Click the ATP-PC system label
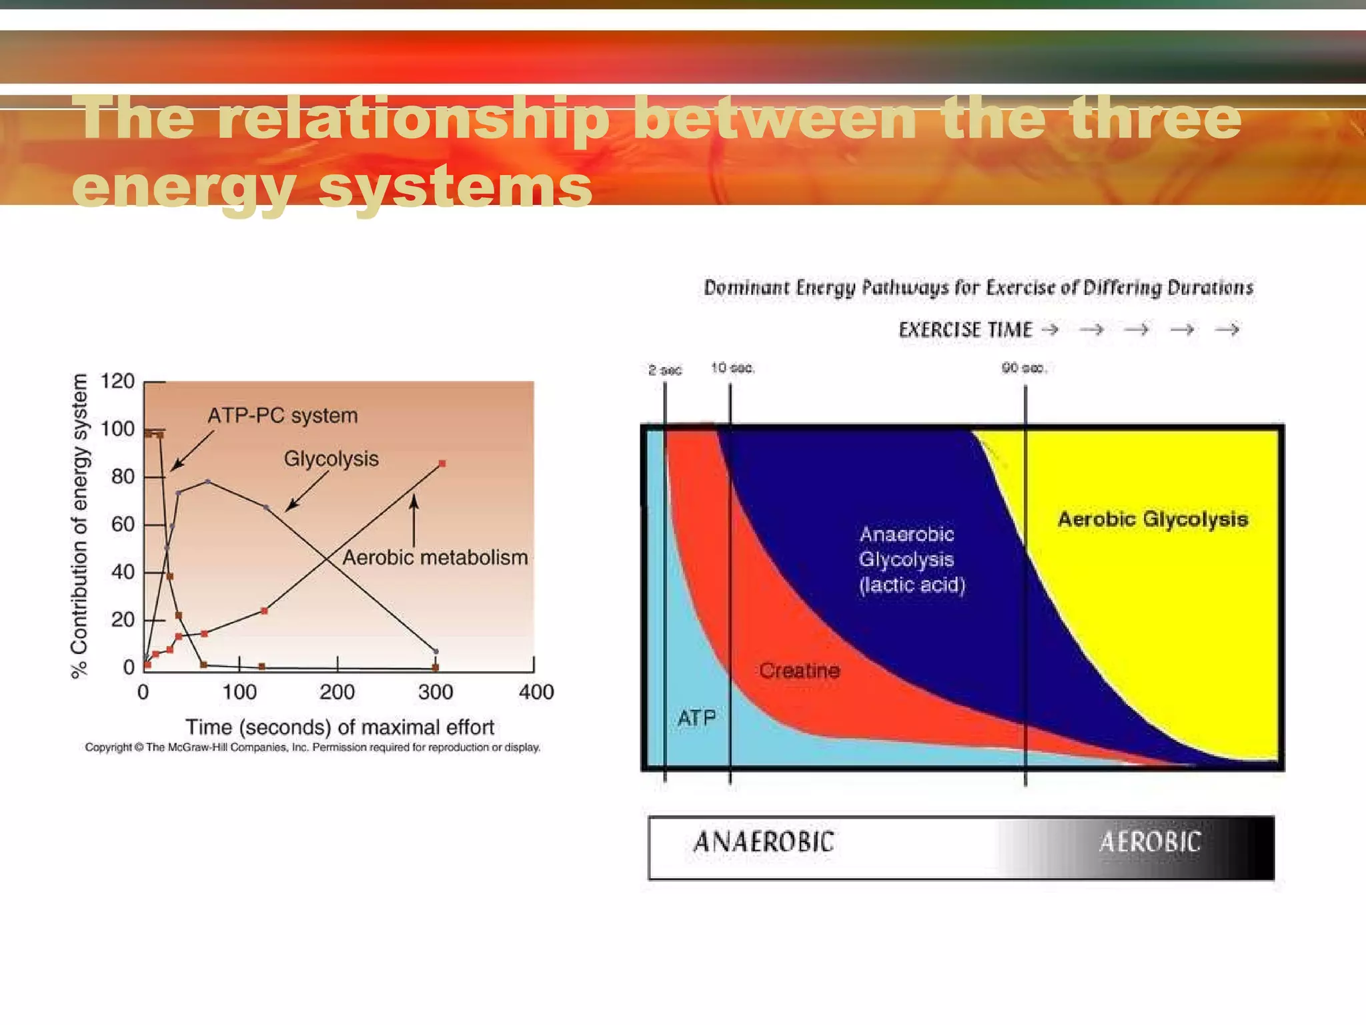(282, 416)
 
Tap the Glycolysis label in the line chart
(331, 459)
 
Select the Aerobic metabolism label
(434, 557)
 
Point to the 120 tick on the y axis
(117, 381)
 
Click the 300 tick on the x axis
(435, 691)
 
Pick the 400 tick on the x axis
(536, 691)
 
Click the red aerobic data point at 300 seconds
(442, 463)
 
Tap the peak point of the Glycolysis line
(207, 481)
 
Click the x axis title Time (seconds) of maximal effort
(339, 727)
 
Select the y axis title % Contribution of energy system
(79, 526)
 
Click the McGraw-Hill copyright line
(312, 747)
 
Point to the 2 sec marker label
(665, 370)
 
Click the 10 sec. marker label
(732, 368)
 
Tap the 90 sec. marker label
(1024, 368)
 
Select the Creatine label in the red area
(799, 670)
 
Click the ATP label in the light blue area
(696, 718)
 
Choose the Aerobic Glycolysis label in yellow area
(1153, 519)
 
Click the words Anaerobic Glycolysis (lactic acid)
(911, 559)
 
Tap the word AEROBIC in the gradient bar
(1149, 842)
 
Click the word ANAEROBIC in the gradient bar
(764, 842)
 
